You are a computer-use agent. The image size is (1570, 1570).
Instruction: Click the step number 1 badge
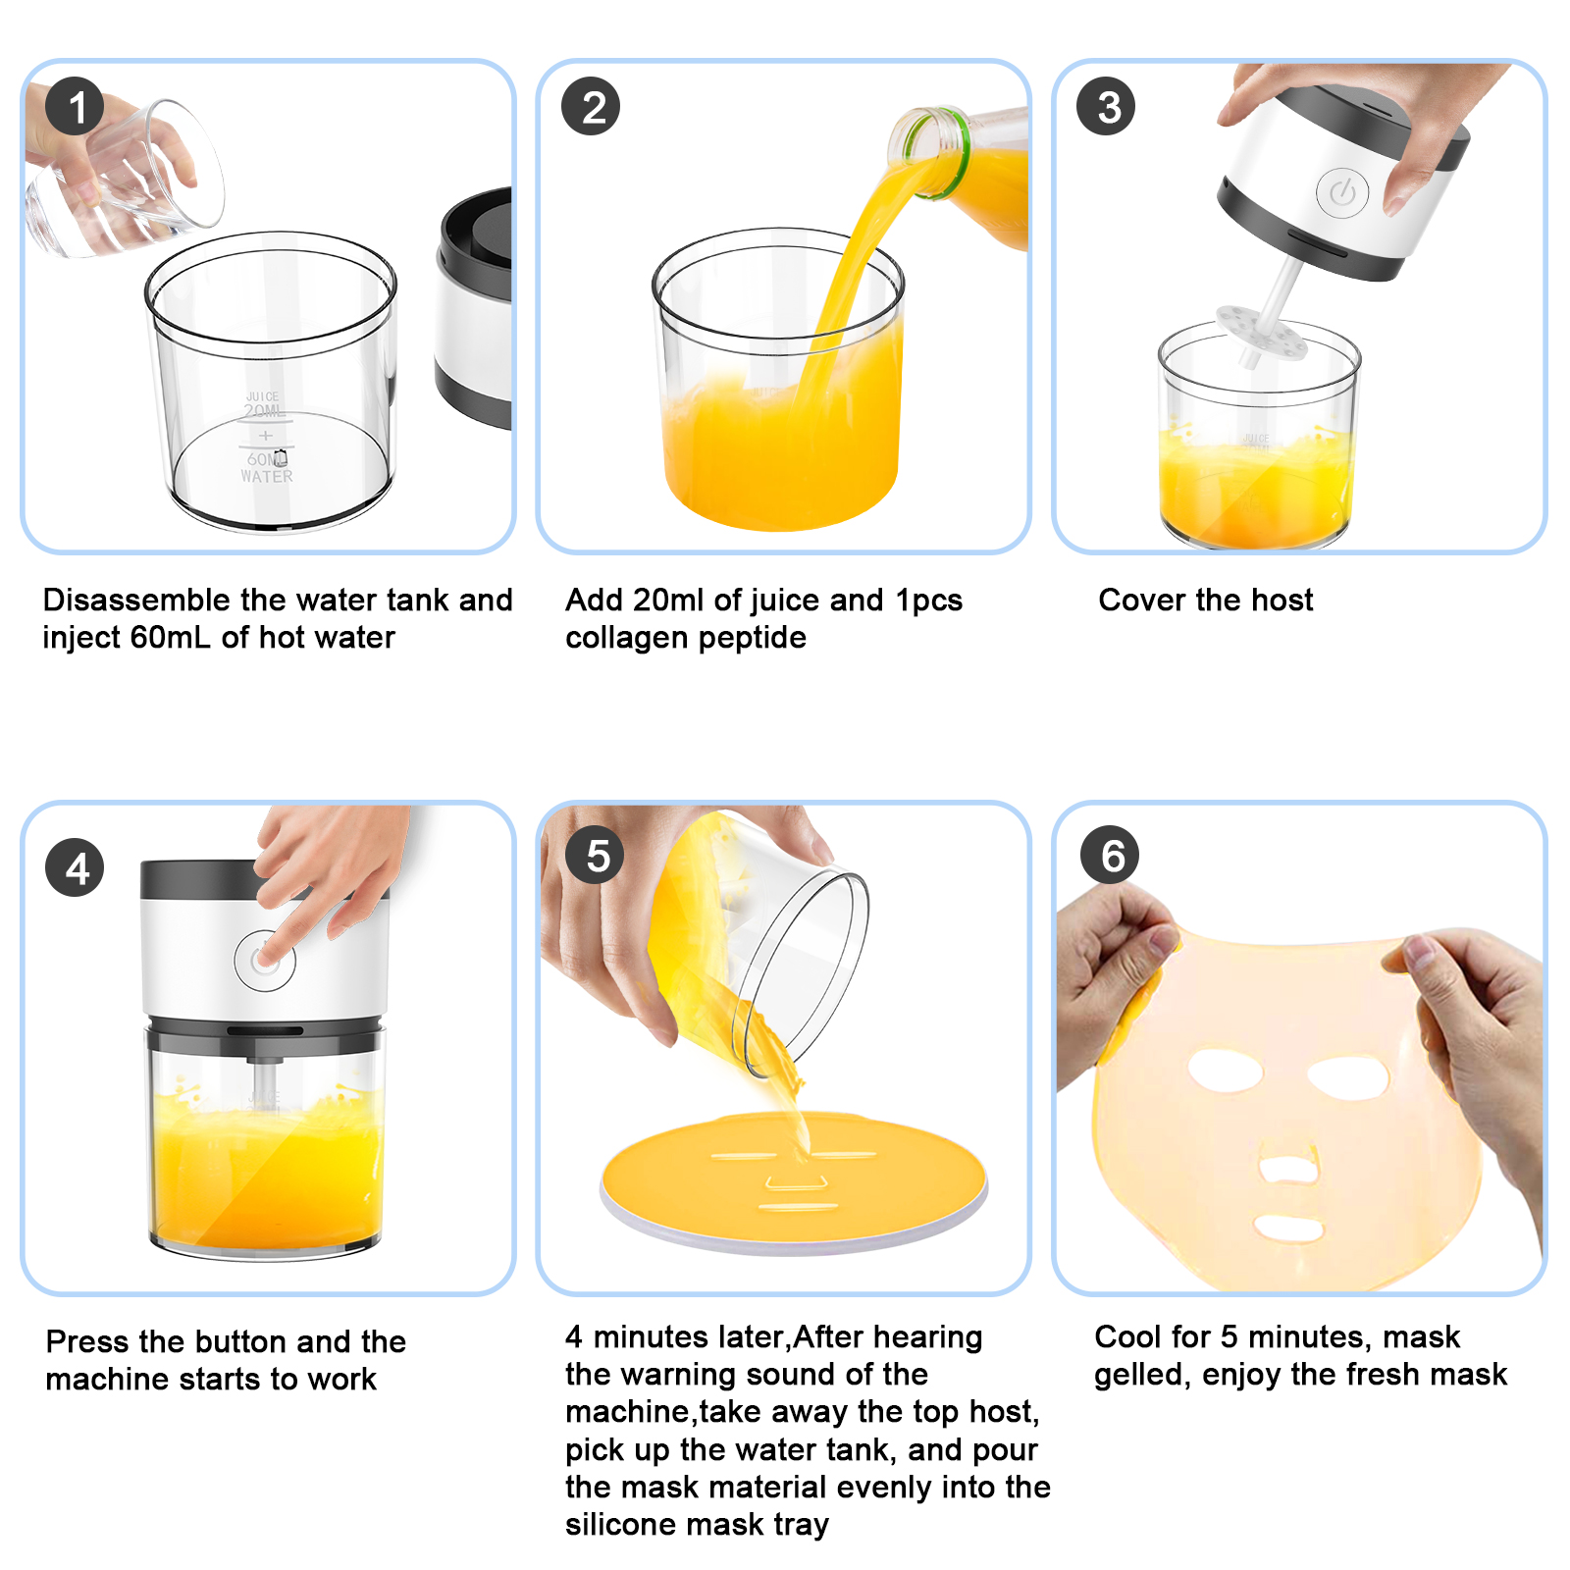[75, 107]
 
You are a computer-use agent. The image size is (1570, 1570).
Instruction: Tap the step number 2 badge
[591, 107]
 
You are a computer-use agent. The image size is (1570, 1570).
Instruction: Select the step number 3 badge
[1106, 107]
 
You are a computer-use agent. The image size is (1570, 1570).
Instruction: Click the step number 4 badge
[75, 868]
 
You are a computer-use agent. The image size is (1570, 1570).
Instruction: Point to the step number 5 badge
[596, 856]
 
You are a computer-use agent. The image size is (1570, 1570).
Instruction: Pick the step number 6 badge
[1110, 856]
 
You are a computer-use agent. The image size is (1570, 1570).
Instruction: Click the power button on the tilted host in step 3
[1341, 193]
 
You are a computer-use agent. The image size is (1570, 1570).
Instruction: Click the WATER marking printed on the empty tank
[266, 477]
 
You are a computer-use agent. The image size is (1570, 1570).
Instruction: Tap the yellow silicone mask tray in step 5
[795, 1177]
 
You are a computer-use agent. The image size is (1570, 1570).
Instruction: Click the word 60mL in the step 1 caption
[170, 638]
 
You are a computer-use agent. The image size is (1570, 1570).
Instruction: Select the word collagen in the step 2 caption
[628, 638]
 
